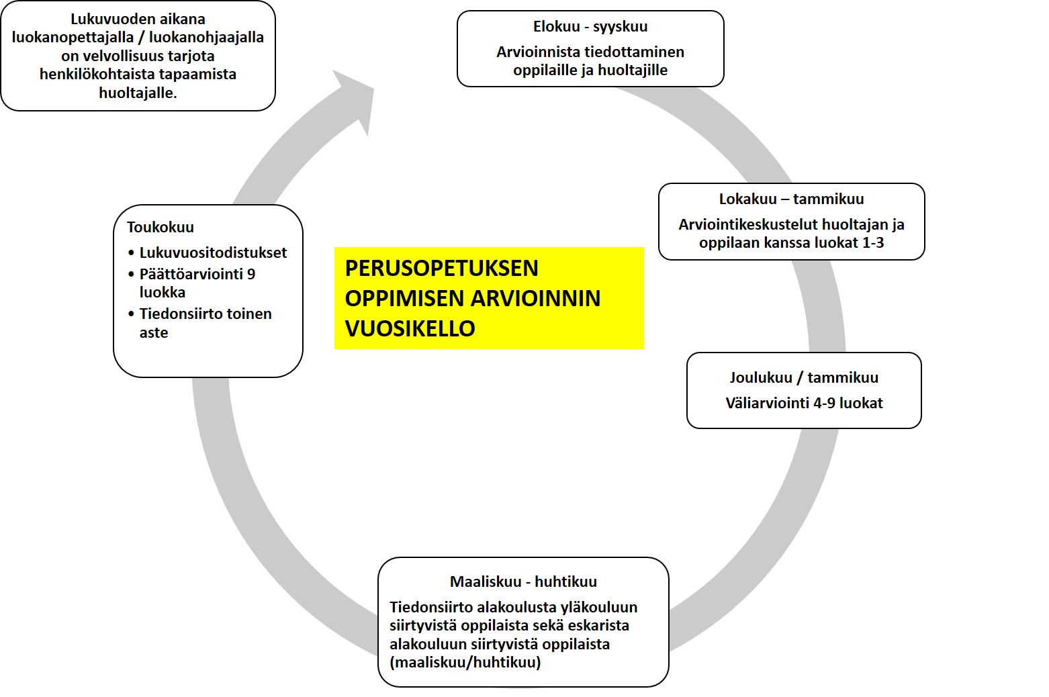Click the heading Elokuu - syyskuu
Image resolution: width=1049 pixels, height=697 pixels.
click(590, 27)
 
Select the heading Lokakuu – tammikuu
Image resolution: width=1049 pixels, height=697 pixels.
click(791, 199)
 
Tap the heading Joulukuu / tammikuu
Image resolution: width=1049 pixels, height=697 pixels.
click(804, 378)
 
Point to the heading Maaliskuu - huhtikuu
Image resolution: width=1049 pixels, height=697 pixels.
click(523, 582)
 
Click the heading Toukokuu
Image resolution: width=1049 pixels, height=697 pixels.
click(161, 228)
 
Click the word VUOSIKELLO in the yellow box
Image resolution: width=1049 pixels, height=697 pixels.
click(410, 328)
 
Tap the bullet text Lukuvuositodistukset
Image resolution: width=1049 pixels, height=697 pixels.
click(213, 253)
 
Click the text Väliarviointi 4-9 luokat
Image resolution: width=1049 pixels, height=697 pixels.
click(804, 404)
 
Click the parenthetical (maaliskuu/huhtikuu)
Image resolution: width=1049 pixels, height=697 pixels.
click(465, 663)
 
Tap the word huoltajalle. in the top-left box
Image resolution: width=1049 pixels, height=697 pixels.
click(138, 93)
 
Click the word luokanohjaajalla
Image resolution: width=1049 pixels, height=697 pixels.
click(206, 38)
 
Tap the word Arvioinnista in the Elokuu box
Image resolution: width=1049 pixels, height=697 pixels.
click(537, 52)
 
